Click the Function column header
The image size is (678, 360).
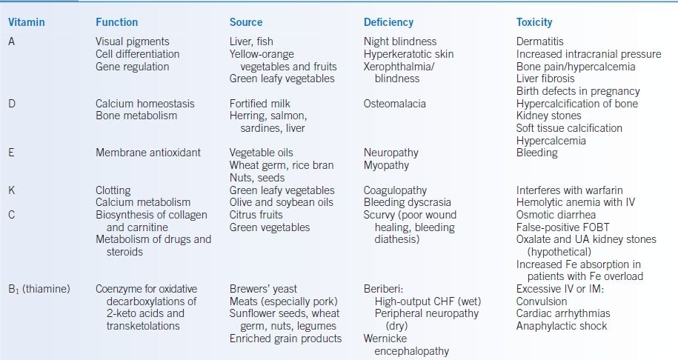click(x=117, y=22)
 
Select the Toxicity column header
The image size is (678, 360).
click(x=534, y=22)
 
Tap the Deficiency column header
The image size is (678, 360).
click(x=388, y=22)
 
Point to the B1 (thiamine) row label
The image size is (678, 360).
click(x=39, y=289)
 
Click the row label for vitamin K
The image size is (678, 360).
click(x=12, y=190)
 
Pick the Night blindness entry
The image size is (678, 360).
click(x=400, y=41)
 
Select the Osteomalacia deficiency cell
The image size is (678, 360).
click(x=395, y=104)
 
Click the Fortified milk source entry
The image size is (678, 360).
click(x=263, y=104)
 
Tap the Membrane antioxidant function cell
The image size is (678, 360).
click(x=148, y=153)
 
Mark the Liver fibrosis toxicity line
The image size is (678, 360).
click(x=545, y=79)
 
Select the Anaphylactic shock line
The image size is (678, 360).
click(x=562, y=326)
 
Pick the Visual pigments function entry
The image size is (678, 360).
click(x=133, y=41)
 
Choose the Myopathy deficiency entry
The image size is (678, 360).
click(x=386, y=165)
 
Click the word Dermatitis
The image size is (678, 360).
click(x=540, y=41)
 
